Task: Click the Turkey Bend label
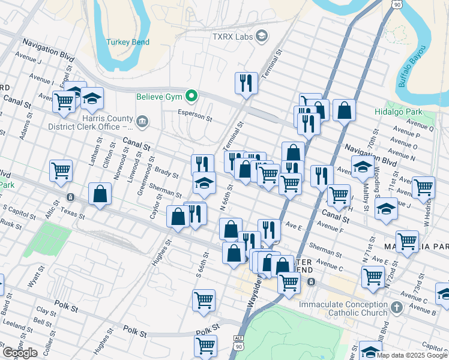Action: [x=127, y=42]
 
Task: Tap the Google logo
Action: [x=20, y=353]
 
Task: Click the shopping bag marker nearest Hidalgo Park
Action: [x=345, y=110]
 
